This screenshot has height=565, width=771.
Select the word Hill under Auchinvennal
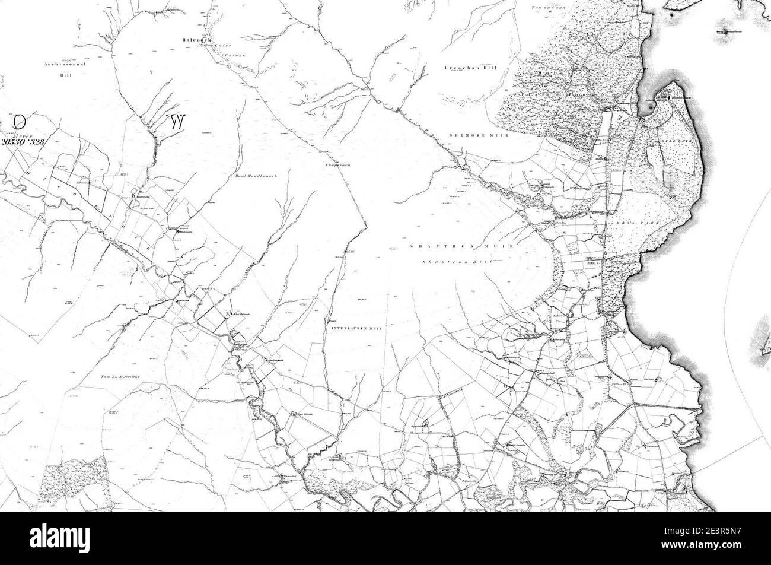click(65, 75)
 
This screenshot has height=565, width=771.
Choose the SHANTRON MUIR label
click(463, 246)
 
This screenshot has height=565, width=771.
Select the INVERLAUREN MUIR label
click(356, 328)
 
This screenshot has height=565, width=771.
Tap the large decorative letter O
click(20, 122)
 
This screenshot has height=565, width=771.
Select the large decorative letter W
click(176, 122)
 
